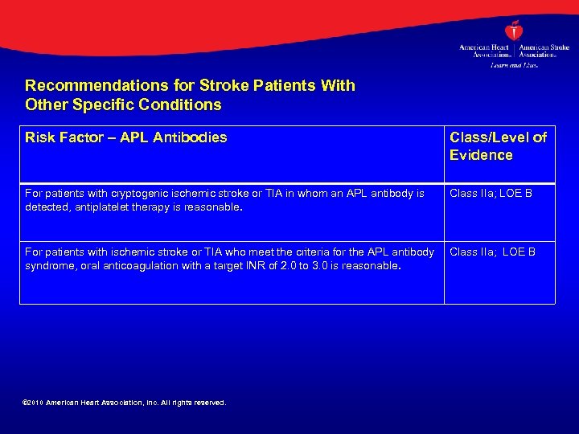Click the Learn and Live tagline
pyautogui.click(x=513, y=65)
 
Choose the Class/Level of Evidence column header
pyautogui.click(x=498, y=146)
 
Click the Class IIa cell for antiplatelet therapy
pyautogui.click(x=491, y=193)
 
